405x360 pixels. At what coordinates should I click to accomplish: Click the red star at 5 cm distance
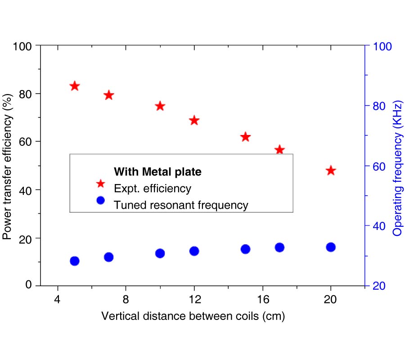pos(75,86)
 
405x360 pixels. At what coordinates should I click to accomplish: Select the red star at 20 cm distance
pos(331,171)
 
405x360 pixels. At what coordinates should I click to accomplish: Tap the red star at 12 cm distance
pos(194,120)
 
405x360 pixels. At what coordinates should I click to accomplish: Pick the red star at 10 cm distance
pos(160,106)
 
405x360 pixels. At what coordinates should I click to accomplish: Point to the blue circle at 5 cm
pos(75,261)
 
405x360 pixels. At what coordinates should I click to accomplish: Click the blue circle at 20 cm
pos(331,247)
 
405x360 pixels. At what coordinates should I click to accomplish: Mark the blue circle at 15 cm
pos(245,249)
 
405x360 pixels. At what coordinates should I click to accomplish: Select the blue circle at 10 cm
pos(160,253)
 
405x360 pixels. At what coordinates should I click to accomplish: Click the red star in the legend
pos(100,183)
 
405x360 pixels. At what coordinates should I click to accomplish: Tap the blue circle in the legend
pos(100,200)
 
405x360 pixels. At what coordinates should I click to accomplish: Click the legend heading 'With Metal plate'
pos(157,171)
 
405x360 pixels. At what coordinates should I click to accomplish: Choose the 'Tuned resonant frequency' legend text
pos(181,205)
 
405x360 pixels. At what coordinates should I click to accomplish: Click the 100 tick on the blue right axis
pos(382,46)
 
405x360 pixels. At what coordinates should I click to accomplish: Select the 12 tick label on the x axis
pos(194,300)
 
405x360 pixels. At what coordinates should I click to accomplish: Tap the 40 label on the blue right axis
pos(379,226)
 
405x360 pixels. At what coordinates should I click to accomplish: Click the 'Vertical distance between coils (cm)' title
pos(193,316)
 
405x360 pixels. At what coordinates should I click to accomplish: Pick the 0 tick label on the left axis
pos(29,285)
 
